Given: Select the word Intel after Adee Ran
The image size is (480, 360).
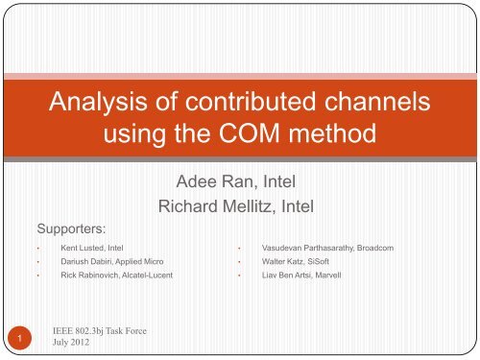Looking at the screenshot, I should pyautogui.click(x=288, y=180).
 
